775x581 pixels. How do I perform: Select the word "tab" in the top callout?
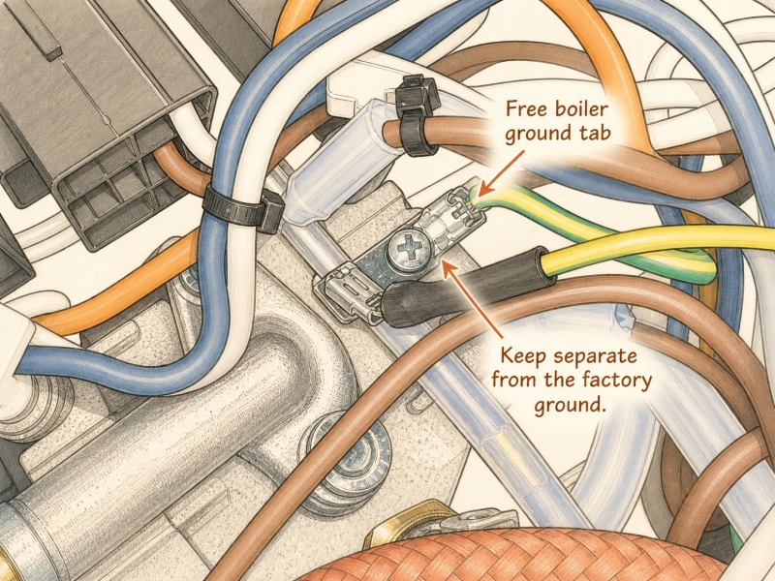coord(595,133)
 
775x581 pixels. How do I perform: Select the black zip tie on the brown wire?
coord(415,115)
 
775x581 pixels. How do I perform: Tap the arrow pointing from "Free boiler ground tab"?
coord(502,172)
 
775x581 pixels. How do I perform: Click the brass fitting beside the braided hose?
coord(405,524)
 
